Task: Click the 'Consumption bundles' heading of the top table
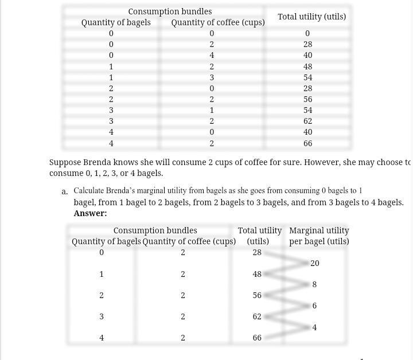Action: (170, 11)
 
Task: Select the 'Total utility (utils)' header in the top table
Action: (311, 17)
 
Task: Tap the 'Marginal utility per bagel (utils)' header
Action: (319, 236)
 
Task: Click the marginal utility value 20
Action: (315, 263)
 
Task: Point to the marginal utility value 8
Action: (314, 284)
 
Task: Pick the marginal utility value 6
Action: (314, 306)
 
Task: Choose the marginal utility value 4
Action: (314, 327)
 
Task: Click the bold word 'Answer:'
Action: (90, 213)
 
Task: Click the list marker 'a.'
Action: (65, 191)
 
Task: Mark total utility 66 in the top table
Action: (308, 143)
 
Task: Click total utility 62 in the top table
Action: (308, 121)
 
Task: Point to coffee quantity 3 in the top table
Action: (212, 77)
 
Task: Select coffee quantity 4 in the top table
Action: (212, 56)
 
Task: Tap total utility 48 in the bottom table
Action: (257, 274)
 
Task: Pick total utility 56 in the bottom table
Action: (257, 295)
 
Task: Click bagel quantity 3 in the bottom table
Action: (102, 316)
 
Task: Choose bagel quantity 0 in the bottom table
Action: (102, 252)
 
